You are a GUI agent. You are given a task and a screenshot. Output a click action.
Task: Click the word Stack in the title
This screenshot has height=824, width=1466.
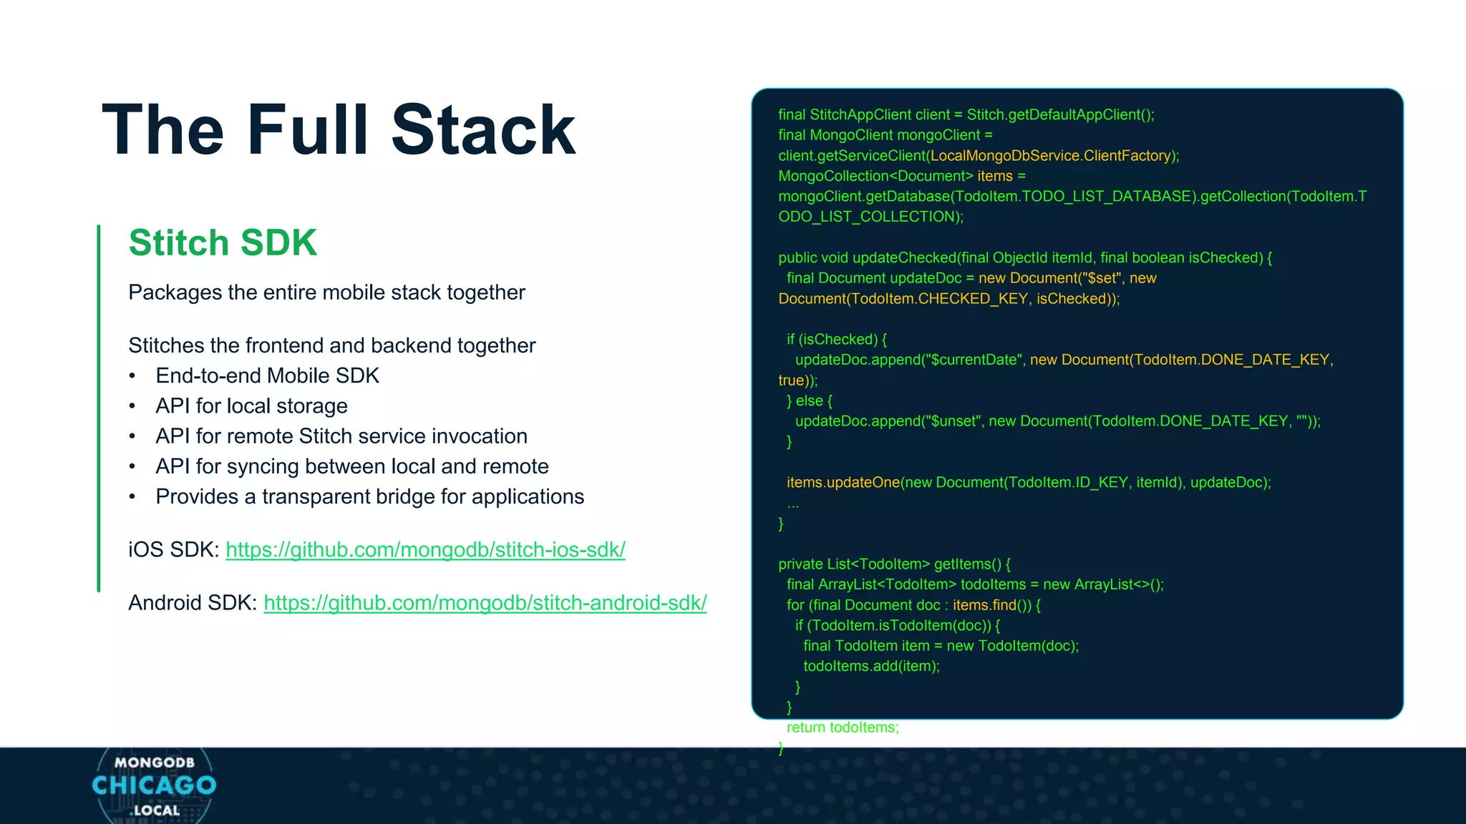click(483, 130)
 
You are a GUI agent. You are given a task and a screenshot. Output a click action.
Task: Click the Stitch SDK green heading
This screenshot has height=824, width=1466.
click(223, 242)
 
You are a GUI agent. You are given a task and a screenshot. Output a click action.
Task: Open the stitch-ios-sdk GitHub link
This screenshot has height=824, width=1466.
click(425, 549)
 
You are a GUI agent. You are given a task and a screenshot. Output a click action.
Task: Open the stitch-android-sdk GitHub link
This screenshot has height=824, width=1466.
click(485, 602)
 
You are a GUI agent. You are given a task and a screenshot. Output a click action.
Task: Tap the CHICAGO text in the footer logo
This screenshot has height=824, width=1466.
click(154, 785)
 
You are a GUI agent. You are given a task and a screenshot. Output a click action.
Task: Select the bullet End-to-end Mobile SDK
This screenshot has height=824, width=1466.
click(267, 376)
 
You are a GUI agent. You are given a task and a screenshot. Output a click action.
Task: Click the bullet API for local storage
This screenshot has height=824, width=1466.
click(251, 406)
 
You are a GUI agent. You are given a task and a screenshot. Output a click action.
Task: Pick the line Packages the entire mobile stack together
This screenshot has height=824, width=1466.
click(326, 293)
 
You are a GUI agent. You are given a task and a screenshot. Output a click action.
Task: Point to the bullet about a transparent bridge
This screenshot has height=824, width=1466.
click(369, 496)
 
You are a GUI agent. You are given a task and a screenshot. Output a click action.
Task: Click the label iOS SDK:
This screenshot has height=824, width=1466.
click(173, 549)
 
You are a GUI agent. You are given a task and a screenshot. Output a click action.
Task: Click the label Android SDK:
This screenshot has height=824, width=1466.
click(192, 602)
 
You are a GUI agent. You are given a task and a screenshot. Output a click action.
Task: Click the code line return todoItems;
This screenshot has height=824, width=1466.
click(843, 727)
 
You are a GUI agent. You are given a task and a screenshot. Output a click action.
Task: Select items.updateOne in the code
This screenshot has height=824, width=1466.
click(843, 482)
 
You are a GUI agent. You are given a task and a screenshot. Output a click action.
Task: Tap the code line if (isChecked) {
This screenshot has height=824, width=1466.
click(837, 339)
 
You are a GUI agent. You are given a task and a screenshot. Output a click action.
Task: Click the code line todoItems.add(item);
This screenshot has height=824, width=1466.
click(871, 666)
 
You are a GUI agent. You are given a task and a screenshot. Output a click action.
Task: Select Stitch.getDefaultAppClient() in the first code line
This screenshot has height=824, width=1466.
click(1059, 114)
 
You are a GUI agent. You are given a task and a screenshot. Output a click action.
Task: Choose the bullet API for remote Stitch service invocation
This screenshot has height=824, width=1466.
click(341, 436)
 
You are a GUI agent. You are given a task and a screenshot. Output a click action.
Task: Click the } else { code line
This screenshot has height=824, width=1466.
click(810, 401)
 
